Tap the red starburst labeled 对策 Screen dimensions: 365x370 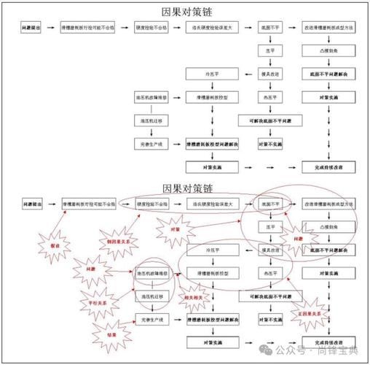(x=173, y=231)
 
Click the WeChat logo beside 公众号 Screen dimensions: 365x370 (x=269, y=350)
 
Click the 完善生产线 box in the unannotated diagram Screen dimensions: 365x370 (x=151, y=145)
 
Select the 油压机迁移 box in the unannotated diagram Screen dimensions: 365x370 (x=151, y=120)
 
